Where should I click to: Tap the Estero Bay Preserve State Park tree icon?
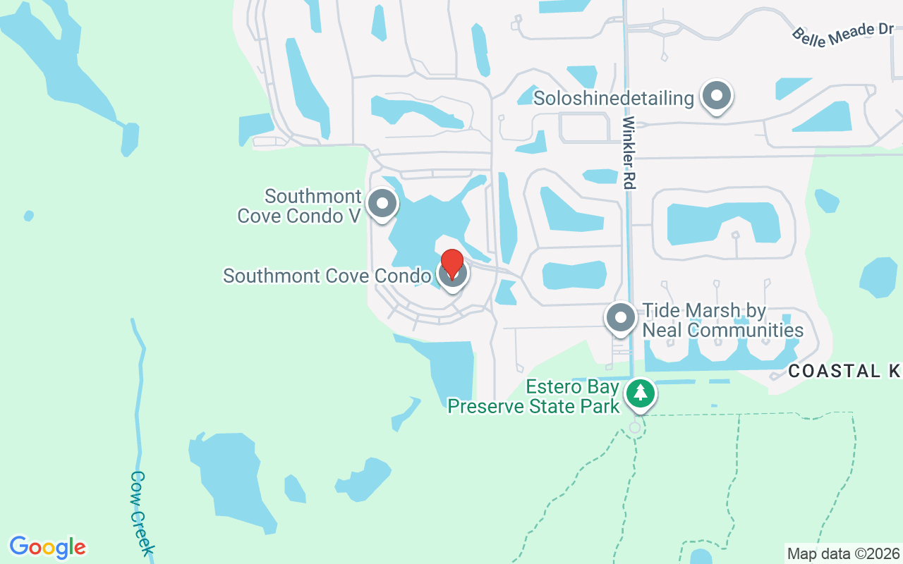coord(640,393)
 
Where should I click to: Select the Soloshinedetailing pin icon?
coord(717,96)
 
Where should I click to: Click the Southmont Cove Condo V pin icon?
coord(382,204)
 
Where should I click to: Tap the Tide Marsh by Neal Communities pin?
coord(621,317)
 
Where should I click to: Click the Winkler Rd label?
coord(629,152)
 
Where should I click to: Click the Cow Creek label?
coord(142,512)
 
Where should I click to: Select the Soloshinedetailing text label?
coord(614,98)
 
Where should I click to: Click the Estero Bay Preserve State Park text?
coord(533,397)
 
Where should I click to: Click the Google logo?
coord(48,547)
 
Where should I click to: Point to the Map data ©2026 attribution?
coord(844,553)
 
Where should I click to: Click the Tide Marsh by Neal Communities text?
coord(722,320)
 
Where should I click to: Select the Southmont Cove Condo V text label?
coord(300,206)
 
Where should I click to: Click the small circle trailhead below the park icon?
coord(635,427)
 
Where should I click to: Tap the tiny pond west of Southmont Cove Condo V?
coord(28,216)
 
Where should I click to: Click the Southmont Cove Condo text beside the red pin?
coord(327,276)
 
